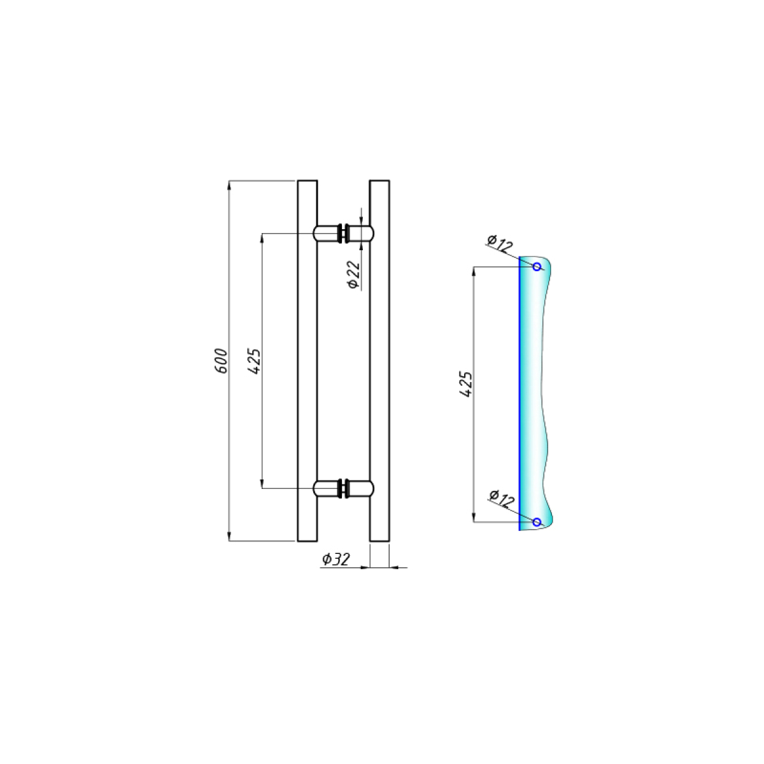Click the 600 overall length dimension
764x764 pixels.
(x=221, y=360)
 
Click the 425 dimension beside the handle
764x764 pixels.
(x=254, y=361)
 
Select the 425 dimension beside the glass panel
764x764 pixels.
(x=466, y=384)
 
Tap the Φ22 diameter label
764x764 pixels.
(x=353, y=275)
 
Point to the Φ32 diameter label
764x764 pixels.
(x=336, y=559)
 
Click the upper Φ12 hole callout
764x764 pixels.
(x=500, y=243)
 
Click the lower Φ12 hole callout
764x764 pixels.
(x=502, y=499)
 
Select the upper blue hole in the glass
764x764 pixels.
(x=537, y=267)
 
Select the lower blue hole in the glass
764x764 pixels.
(x=537, y=522)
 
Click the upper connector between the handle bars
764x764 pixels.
(x=343, y=233)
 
